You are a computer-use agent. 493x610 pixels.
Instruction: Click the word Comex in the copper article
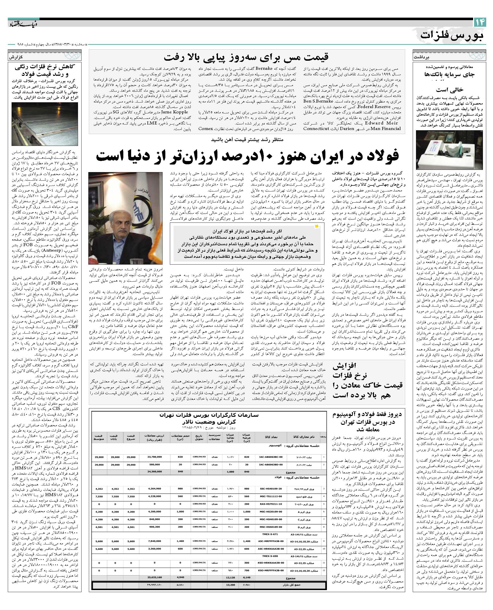point(206,129)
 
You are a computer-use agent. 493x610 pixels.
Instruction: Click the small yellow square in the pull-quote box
point(317,226)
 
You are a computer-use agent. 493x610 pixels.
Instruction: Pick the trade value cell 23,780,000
point(155,457)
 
